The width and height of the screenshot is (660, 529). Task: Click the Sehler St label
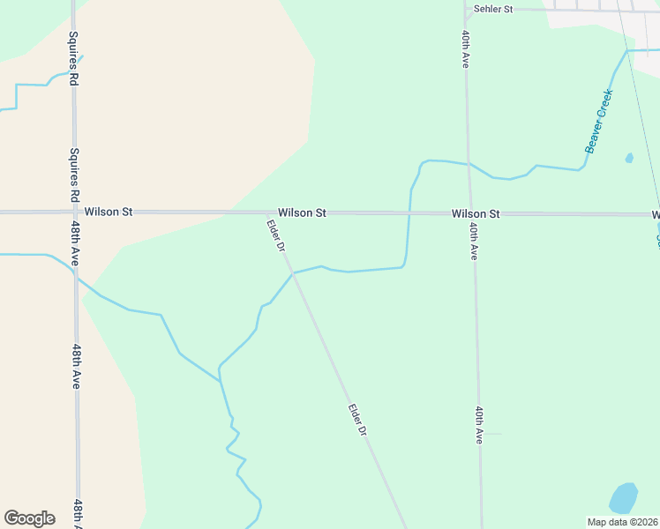pos(493,9)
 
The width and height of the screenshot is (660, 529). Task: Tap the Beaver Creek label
pos(598,121)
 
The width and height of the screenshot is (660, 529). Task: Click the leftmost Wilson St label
pos(109,212)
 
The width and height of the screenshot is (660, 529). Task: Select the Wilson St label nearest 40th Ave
pos(476,213)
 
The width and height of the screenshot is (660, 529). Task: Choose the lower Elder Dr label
pos(356,420)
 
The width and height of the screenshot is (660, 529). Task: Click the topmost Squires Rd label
pos(73,59)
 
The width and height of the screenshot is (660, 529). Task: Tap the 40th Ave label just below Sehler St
pos(464,49)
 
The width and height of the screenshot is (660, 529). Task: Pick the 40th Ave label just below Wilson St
pos(474,240)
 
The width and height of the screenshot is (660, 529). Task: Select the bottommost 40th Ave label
pos(478,426)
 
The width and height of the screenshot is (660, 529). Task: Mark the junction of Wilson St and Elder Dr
pos(266,212)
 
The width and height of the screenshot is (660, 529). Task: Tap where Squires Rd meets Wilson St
pos(74,212)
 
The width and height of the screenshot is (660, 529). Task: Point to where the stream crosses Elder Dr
pos(294,273)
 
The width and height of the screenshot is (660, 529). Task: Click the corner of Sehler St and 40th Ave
pos(465,10)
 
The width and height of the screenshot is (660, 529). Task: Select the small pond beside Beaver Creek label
pos(629,159)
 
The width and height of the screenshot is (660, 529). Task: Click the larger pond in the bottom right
pos(623,499)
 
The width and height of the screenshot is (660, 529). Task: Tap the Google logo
pos(30,518)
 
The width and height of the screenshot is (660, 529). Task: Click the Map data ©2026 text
pos(622,522)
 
